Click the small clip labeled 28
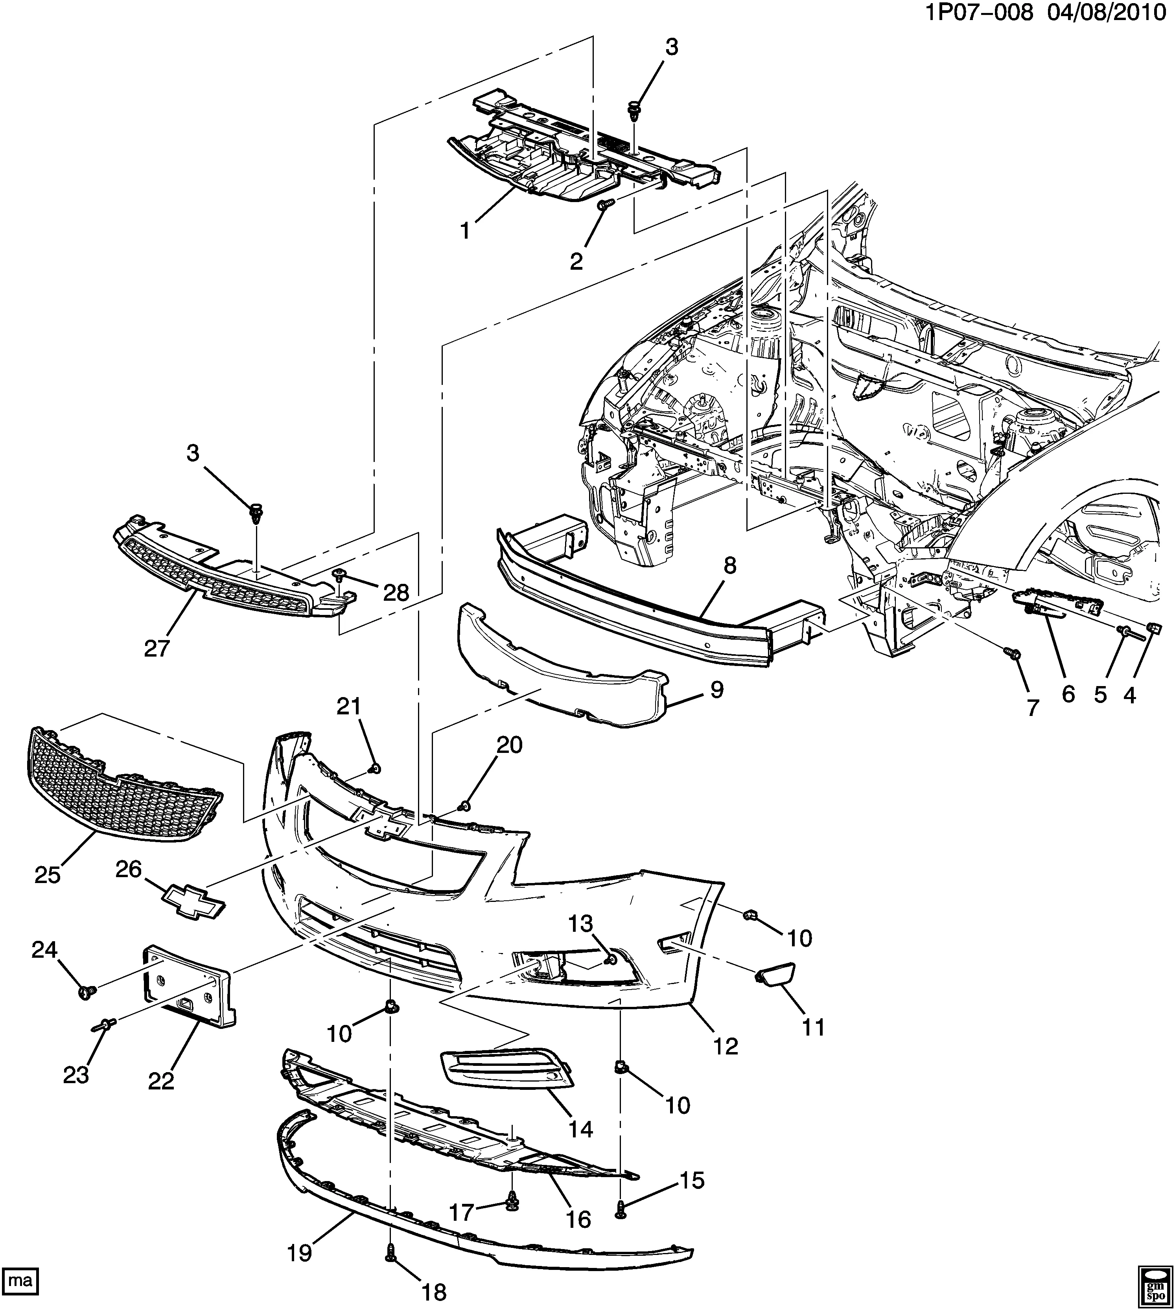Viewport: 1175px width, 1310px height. pyautogui.click(x=338, y=573)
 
